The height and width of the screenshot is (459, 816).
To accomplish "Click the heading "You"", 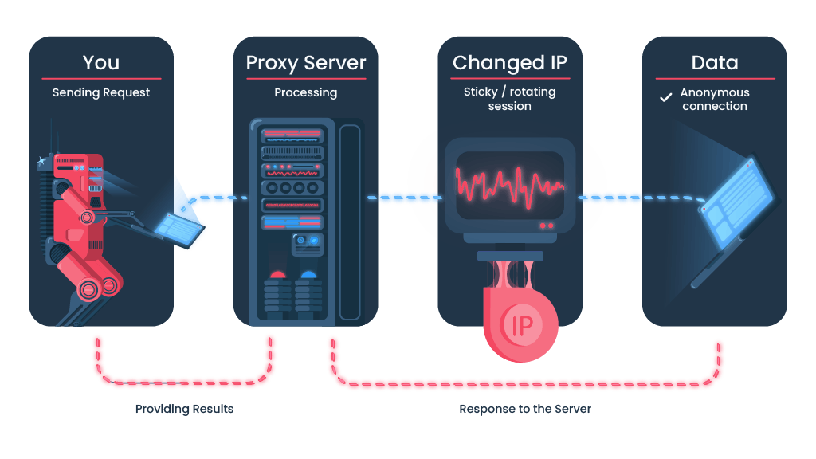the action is point(101,62).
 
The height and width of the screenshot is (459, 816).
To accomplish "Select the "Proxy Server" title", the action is point(306,63).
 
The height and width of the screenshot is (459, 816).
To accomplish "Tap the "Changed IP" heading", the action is point(510,63).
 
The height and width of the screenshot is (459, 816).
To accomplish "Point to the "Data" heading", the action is point(715,62).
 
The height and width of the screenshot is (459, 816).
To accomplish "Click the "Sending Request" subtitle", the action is point(101,92).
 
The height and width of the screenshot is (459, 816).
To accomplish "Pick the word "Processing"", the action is point(305,92).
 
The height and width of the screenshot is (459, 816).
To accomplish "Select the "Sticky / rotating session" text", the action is point(510,98).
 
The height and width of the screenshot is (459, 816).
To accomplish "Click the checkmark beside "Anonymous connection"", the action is point(665,97).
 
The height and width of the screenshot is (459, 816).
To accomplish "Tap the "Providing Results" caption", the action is point(184,409).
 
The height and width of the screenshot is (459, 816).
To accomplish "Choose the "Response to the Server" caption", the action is point(525,409).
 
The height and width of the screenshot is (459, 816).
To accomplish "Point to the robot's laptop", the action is point(179,229).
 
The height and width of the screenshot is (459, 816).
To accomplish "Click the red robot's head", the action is point(78,167).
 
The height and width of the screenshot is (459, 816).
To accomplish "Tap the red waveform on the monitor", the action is point(510,186).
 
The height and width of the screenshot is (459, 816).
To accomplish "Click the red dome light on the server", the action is point(277,274).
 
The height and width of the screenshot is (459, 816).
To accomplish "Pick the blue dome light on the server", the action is point(308,274).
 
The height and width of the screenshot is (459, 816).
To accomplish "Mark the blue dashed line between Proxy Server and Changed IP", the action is point(406,198).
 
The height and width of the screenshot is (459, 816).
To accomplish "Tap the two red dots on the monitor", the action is point(547,226).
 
